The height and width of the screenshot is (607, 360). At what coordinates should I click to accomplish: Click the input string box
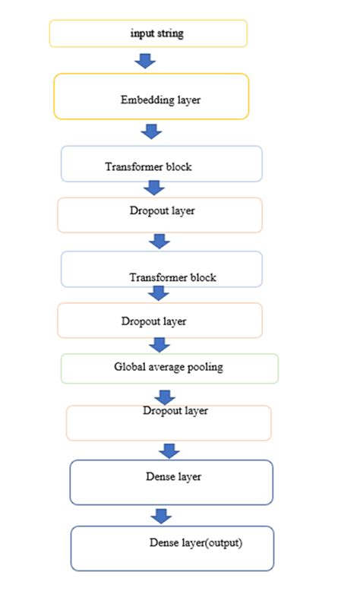148,33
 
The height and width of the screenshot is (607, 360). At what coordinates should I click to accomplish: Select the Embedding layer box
151,96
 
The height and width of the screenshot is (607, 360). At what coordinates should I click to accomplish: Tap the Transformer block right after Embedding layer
161,164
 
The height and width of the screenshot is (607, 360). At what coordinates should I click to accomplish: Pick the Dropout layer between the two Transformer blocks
159,215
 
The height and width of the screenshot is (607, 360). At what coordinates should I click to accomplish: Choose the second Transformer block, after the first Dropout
161,270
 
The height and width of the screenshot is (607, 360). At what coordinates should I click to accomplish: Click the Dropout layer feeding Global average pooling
159,321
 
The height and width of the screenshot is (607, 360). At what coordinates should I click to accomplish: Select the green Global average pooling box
169,368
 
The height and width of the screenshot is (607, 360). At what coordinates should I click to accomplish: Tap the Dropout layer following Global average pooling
169,422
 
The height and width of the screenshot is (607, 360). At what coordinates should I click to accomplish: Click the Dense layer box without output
171,482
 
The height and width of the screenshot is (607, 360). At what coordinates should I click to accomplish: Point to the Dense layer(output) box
172,548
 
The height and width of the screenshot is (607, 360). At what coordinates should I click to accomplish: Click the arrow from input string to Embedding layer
144,61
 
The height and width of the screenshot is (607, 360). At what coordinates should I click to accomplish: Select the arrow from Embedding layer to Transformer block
152,131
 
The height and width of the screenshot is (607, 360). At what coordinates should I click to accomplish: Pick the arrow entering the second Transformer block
159,241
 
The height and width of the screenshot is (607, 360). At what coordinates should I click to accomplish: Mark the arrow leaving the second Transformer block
158,293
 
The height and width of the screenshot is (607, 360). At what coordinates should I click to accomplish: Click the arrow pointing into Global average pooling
159,344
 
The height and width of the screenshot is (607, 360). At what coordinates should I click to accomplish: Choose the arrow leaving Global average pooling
165,395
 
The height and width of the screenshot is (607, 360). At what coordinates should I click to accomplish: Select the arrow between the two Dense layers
159,516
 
